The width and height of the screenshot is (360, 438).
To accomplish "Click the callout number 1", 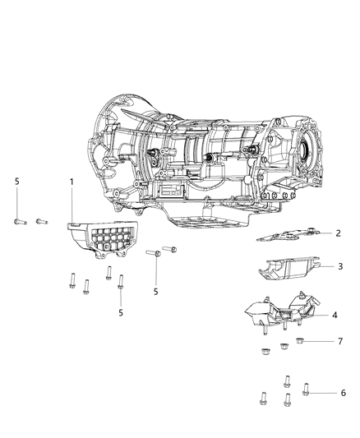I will (71, 202).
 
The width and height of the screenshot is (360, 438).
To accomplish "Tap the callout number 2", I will (338, 233).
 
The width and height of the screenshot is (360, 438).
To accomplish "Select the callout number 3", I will (338, 266).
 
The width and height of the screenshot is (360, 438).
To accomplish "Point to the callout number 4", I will (335, 315).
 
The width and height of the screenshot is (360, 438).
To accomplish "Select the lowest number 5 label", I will (121, 313).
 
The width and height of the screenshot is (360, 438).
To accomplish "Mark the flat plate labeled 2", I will (292, 235).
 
